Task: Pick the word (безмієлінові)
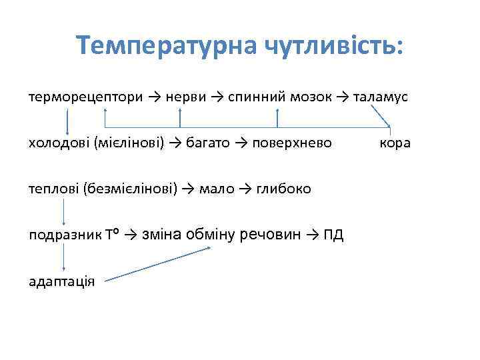click(130, 189)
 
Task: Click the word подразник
click(64, 235)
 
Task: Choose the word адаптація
click(61, 281)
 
